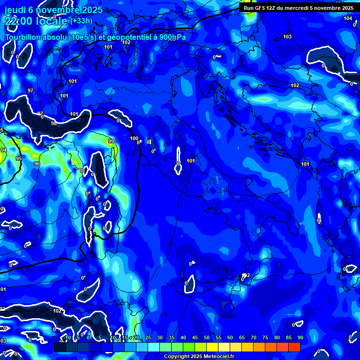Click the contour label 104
pyautogui.click(x=347, y=18)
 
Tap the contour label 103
pyautogui.click(x=287, y=37)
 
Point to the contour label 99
pyautogui.click(x=111, y=141)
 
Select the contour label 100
pyautogui.click(x=134, y=138)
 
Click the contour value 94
pyautogui.click(x=4, y=150)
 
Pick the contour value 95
pyautogui.click(x=19, y=159)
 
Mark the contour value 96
pyautogui.click(x=37, y=164)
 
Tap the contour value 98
pyautogui.click(x=53, y=123)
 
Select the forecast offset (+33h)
pyautogui.click(x=82, y=21)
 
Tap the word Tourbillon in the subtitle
pyautogui.click(x=23, y=37)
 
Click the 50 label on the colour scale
pyautogui.click(x=207, y=337)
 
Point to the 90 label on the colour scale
pyautogui.click(x=300, y=337)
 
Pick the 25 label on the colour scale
pyautogui.click(x=148, y=337)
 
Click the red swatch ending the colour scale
pyautogui.click(x=294, y=347)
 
